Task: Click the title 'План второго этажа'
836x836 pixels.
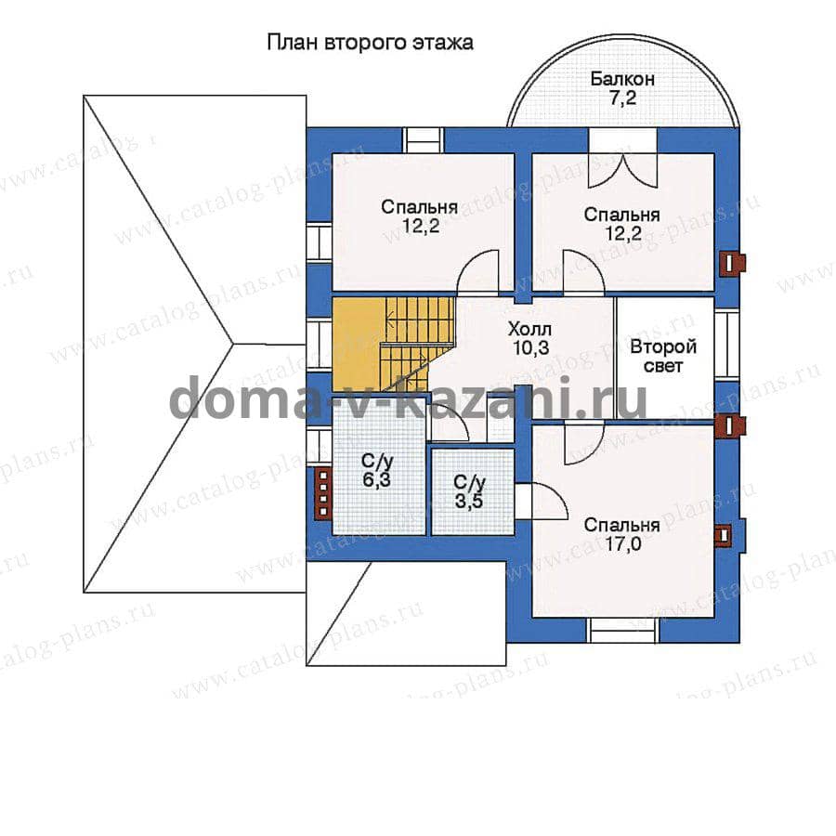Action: click(370, 43)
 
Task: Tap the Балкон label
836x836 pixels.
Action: click(622, 79)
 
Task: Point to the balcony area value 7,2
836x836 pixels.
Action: click(622, 99)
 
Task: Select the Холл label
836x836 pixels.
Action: click(529, 328)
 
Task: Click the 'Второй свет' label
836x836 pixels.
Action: click(663, 356)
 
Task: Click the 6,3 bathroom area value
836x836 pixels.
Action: click(376, 480)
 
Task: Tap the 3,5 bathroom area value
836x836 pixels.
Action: click(469, 502)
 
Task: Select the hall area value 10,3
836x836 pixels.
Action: click(531, 347)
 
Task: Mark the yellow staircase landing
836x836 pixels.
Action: click(358, 344)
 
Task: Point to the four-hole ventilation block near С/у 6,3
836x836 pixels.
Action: click(322, 492)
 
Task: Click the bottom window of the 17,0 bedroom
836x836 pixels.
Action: click(623, 630)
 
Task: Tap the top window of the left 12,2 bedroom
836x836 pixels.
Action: click(423, 141)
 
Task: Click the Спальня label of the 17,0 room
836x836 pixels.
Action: click(622, 525)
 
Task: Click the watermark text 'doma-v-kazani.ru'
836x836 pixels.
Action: click(409, 398)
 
